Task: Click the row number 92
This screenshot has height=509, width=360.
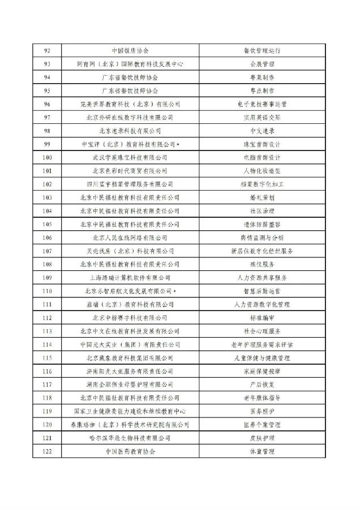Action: tap(47, 50)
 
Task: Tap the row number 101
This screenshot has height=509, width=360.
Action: tap(47, 171)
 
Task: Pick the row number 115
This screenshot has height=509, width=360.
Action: tap(47, 358)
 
